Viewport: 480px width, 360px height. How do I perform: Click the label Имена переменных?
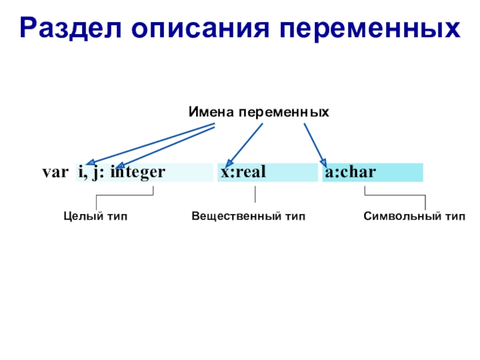click(x=259, y=112)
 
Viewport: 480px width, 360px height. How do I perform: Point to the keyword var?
click(x=55, y=173)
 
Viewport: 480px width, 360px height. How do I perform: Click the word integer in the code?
click(x=137, y=173)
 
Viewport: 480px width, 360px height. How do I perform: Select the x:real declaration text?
click(x=243, y=173)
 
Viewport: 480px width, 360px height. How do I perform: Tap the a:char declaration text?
click(x=350, y=173)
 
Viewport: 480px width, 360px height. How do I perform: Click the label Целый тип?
click(x=96, y=216)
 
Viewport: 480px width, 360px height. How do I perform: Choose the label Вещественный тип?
click(x=248, y=216)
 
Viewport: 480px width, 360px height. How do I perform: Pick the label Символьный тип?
click(x=414, y=216)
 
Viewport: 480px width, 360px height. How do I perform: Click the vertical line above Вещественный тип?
click(x=256, y=194)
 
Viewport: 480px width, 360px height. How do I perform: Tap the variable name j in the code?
click(x=95, y=173)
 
